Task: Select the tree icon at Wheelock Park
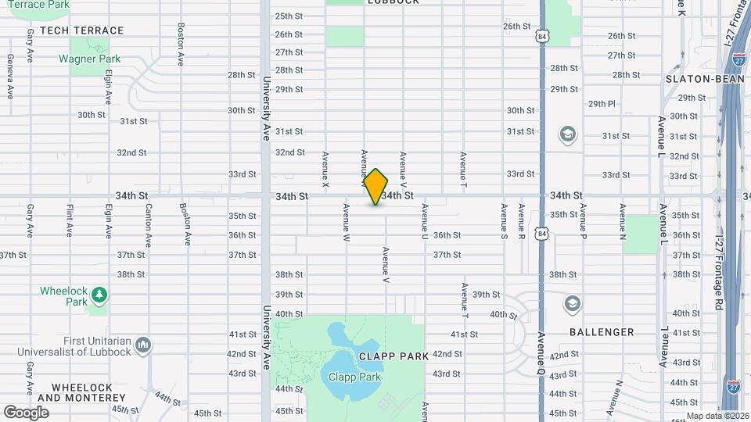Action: pos(99,295)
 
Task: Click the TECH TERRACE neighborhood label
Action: pos(81,30)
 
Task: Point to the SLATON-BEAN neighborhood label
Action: pos(698,79)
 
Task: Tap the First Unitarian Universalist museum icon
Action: pos(142,344)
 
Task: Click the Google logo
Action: pos(26,412)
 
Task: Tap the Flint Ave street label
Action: pos(70,221)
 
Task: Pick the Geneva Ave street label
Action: pos(10,77)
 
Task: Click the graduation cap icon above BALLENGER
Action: pos(573,302)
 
